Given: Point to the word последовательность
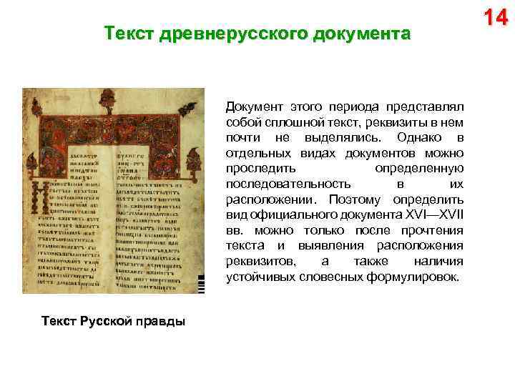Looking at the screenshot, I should click(x=288, y=184).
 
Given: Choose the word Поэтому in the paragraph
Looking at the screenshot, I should click(x=353, y=199).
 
